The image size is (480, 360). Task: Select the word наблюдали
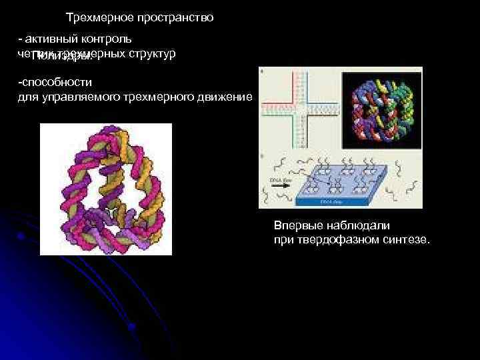tap(353, 225)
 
